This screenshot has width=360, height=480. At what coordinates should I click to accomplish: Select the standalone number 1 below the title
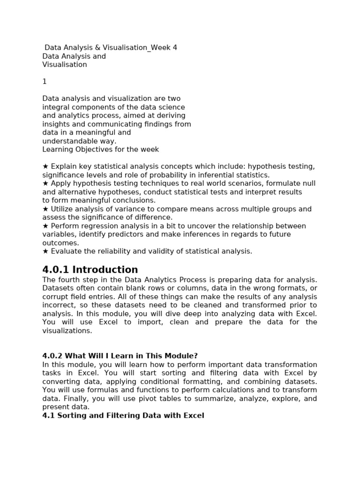point(45,82)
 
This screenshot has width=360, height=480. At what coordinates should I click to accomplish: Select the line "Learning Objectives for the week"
point(101,150)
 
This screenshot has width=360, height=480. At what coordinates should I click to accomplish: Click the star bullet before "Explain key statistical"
point(45,166)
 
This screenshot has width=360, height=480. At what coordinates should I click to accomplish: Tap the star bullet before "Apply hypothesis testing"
point(45,183)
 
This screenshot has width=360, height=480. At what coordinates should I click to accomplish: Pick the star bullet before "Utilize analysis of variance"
point(45,209)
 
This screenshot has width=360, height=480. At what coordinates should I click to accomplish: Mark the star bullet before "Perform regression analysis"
point(45,226)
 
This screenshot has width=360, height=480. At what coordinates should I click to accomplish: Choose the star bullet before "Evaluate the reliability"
point(45,251)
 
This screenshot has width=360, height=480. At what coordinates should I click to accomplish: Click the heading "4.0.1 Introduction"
point(90,270)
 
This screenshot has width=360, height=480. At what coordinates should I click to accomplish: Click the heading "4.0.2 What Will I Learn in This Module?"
point(123,356)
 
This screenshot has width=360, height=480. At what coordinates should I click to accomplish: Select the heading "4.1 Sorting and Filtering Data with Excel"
point(123,416)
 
